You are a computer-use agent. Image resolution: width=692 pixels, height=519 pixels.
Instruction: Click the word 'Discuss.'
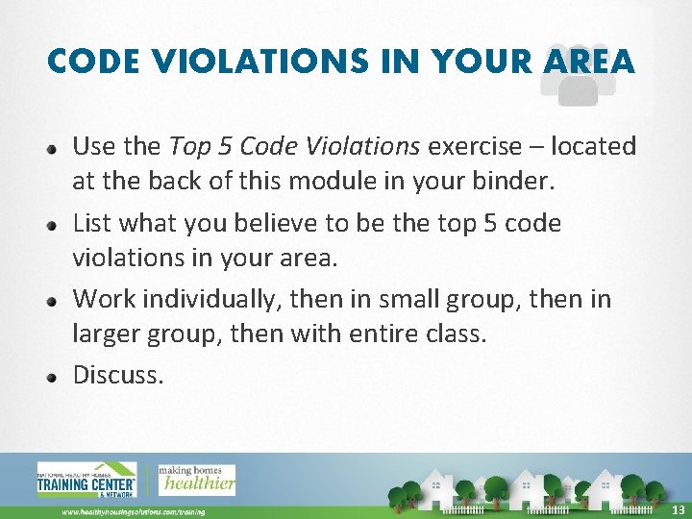[118, 375]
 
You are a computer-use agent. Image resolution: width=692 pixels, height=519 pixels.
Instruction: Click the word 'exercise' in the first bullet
[471, 147]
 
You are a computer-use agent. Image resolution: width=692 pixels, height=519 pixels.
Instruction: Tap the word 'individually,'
[209, 300]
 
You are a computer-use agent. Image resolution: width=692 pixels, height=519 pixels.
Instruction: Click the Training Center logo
[86, 480]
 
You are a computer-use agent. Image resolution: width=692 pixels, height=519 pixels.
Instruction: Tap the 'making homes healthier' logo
[196, 479]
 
